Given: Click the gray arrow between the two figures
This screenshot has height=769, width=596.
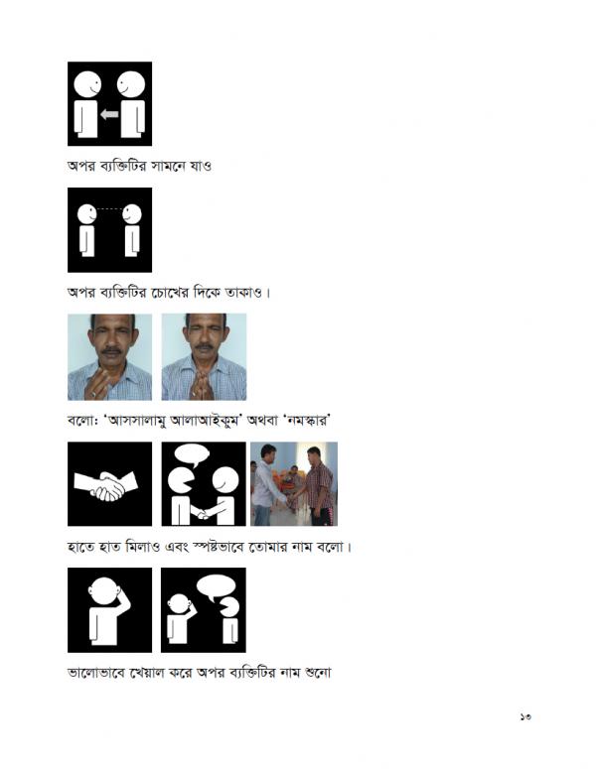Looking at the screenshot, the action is click(x=109, y=114).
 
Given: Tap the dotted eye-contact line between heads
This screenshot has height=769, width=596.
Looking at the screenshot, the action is click(x=109, y=209).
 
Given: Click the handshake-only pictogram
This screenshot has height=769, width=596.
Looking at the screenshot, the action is click(x=109, y=484).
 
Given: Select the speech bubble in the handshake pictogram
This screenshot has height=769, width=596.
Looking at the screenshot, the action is click(x=192, y=455).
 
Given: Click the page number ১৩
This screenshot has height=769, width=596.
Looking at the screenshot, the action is click(x=524, y=716).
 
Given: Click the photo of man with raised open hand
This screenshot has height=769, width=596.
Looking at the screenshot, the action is click(x=109, y=357).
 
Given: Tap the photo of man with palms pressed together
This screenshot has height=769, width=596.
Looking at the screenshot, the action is click(x=204, y=357).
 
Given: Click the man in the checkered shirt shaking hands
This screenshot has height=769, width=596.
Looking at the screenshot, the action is click(x=318, y=487).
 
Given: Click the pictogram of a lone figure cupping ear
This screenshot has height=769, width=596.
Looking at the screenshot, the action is click(x=109, y=610).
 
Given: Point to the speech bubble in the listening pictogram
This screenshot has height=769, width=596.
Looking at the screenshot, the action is click(x=216, y=586).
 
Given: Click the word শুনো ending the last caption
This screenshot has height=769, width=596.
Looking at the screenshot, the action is click(x=318, y=672).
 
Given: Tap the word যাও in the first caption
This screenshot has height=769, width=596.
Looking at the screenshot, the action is click(x=201, y=166).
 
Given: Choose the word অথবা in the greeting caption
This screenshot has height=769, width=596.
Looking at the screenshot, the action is click(x=262, y=421).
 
